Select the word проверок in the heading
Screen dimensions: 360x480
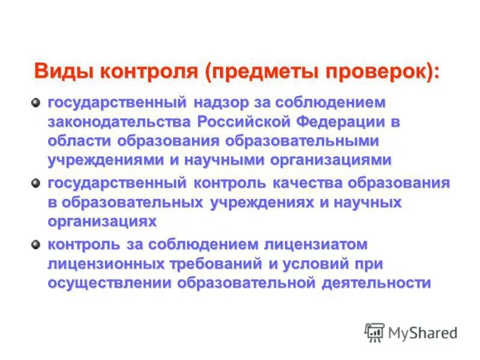(x=376, y=71)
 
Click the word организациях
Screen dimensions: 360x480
(x=102, y=221)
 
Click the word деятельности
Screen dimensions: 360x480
(x=376, y=283)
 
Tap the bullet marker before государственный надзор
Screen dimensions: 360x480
(x=37, y=102)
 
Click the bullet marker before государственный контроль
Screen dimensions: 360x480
(x=37, y=183)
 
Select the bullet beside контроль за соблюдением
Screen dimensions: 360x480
(x=37, y=244)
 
